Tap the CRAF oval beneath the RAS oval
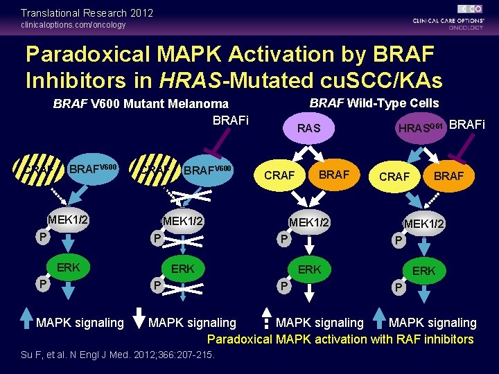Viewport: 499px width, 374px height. [279, 176]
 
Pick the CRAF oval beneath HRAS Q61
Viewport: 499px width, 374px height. [394, 177]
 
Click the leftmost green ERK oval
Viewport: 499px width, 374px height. [68, 267]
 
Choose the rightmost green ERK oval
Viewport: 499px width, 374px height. [423, 271]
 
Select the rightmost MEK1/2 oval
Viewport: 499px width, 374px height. [424, 224]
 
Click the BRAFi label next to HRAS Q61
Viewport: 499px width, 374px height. [467, 125]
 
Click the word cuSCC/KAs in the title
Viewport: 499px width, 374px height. [375, 80]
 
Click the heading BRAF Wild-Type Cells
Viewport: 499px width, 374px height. [374, 103]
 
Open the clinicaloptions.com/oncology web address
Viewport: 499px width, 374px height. [73, 25]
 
